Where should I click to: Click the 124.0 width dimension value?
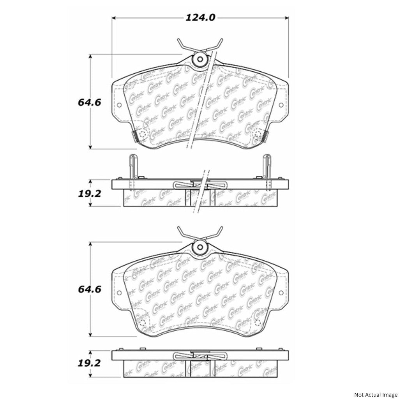click(200, 18)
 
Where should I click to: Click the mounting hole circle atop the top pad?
click(200, 60)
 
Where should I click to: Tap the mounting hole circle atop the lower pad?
click(200, 247)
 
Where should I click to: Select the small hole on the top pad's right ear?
click(281, 104)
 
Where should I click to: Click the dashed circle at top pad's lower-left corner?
click(142, 135)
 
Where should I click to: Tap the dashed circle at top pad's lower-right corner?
click(258, 135)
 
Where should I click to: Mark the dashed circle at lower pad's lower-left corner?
click(142, 322)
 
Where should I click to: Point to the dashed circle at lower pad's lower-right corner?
click(258, 322)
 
